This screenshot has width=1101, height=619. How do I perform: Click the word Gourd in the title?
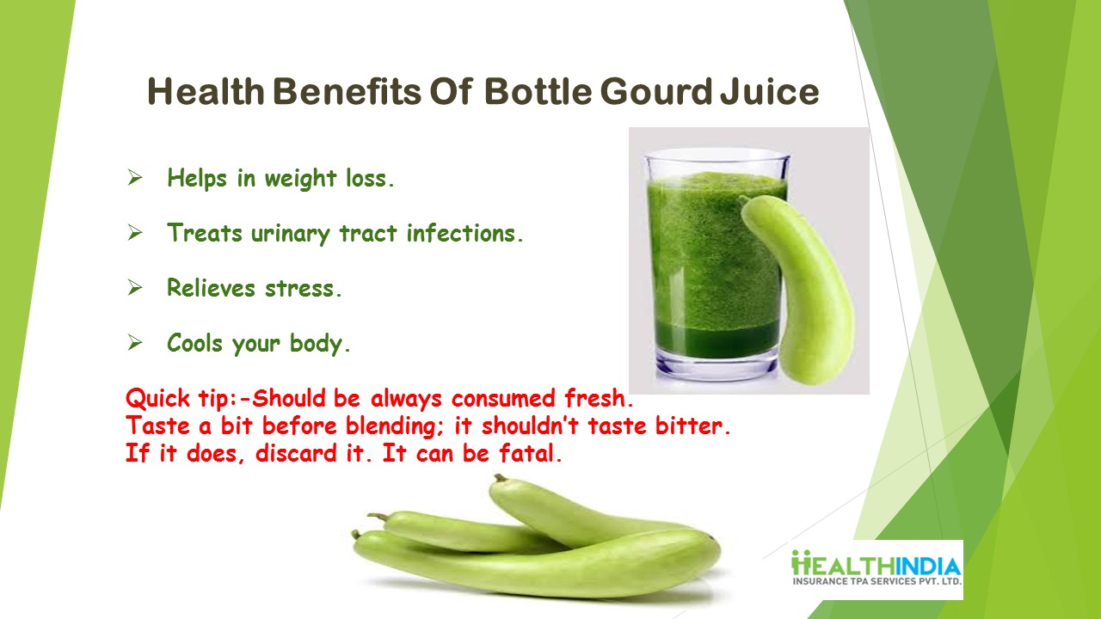click(x=656, y=92)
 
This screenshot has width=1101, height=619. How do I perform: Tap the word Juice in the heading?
click(x=770, y=92)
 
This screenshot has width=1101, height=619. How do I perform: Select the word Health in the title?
click(x=206, y=92)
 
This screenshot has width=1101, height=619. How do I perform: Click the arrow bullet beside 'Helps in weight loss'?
click(x=135, y=177)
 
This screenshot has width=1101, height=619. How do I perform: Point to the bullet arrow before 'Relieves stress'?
click(x=135, y=287)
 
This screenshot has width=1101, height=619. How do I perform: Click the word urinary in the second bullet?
click(x=290, y=235)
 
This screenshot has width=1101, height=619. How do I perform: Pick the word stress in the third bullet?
click(x=303, y=289)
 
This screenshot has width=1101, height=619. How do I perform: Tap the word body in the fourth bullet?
click(x=319, y=344)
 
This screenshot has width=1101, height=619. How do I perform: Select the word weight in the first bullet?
click(x=300, y=179)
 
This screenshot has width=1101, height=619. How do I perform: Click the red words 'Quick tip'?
click(x=178, y=398)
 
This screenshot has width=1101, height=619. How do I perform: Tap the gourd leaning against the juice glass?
click(x=801, y=289)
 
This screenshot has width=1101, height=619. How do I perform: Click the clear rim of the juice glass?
click(x=717, y=156)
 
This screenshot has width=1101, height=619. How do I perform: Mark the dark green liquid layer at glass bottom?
click(x=717, y=338)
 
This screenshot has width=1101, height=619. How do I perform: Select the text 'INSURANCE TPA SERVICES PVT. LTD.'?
click(x=876, y=582)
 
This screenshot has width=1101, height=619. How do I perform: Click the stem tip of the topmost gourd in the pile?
click(x=499, y=477)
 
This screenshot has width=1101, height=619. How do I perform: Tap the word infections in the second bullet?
click(x=464, y=233)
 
